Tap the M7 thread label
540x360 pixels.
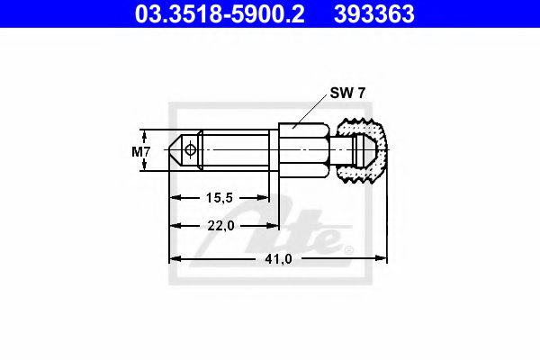141,151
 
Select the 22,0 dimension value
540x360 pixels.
220,226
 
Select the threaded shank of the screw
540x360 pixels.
236,151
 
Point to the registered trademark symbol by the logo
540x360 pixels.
350,249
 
